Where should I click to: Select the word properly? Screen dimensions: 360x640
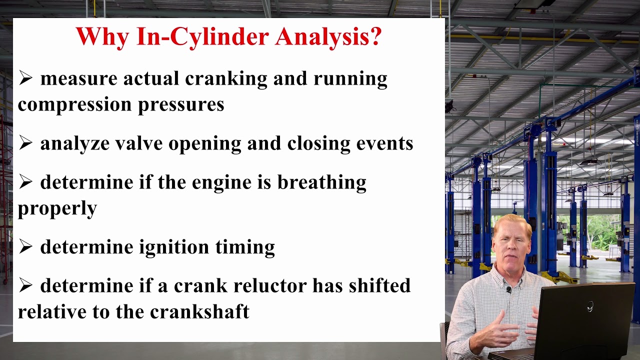click(57, 208)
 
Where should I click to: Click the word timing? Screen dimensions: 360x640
click(245, 247)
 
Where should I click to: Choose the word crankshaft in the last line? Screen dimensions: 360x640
click(199, 311)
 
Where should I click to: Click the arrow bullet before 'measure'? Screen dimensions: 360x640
click(25, 78)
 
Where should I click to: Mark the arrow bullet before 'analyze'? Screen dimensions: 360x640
click(25, 143)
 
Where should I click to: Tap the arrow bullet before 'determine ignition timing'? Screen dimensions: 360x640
click(25, 246)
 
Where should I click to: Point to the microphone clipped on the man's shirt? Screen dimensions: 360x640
click(508, 289)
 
